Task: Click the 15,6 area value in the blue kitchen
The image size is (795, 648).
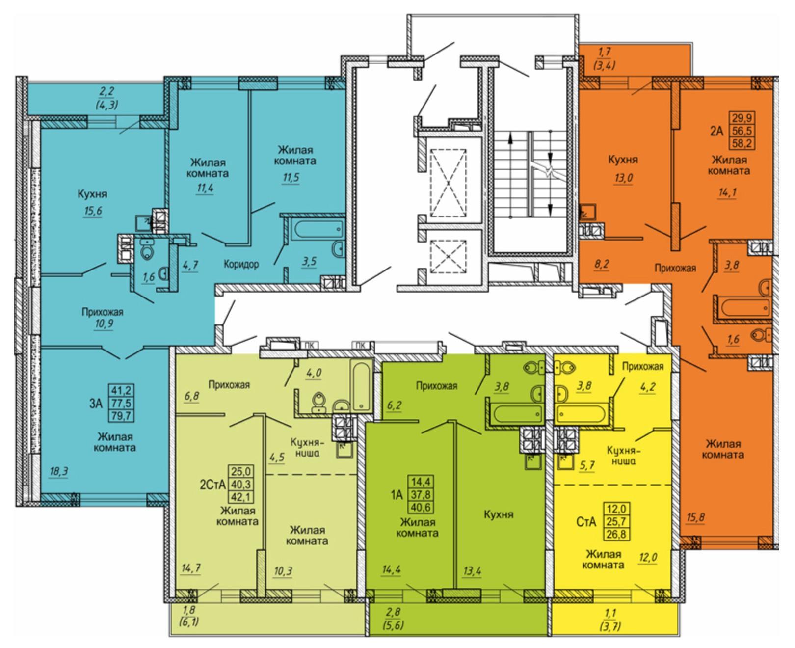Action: (93, 211)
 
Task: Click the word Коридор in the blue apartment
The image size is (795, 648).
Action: (241, 265)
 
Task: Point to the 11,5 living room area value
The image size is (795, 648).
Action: (291, 177)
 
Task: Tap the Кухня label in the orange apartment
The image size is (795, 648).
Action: (623, 160)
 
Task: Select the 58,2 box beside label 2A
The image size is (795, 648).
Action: (742, 143)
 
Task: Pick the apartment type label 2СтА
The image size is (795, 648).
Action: (213, 485)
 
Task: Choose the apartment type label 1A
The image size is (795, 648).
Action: (397, 495)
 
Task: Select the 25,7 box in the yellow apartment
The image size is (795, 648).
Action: (617, 521)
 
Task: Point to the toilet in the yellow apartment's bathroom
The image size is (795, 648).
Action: (565, 367)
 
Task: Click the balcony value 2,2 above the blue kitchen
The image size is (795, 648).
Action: (107, 91)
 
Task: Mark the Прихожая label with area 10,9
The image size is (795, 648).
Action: (102, 312)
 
